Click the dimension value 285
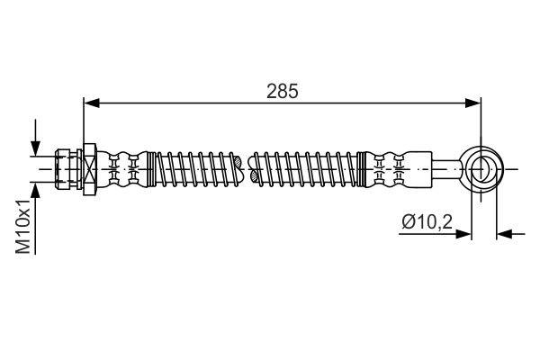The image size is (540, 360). pos(281,91)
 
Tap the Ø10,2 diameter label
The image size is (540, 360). pos(424,220)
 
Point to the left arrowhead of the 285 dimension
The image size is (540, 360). pos(90,103)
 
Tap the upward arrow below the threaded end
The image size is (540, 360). pos(36,192)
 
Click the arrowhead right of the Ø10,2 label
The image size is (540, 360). pos(465,234)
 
